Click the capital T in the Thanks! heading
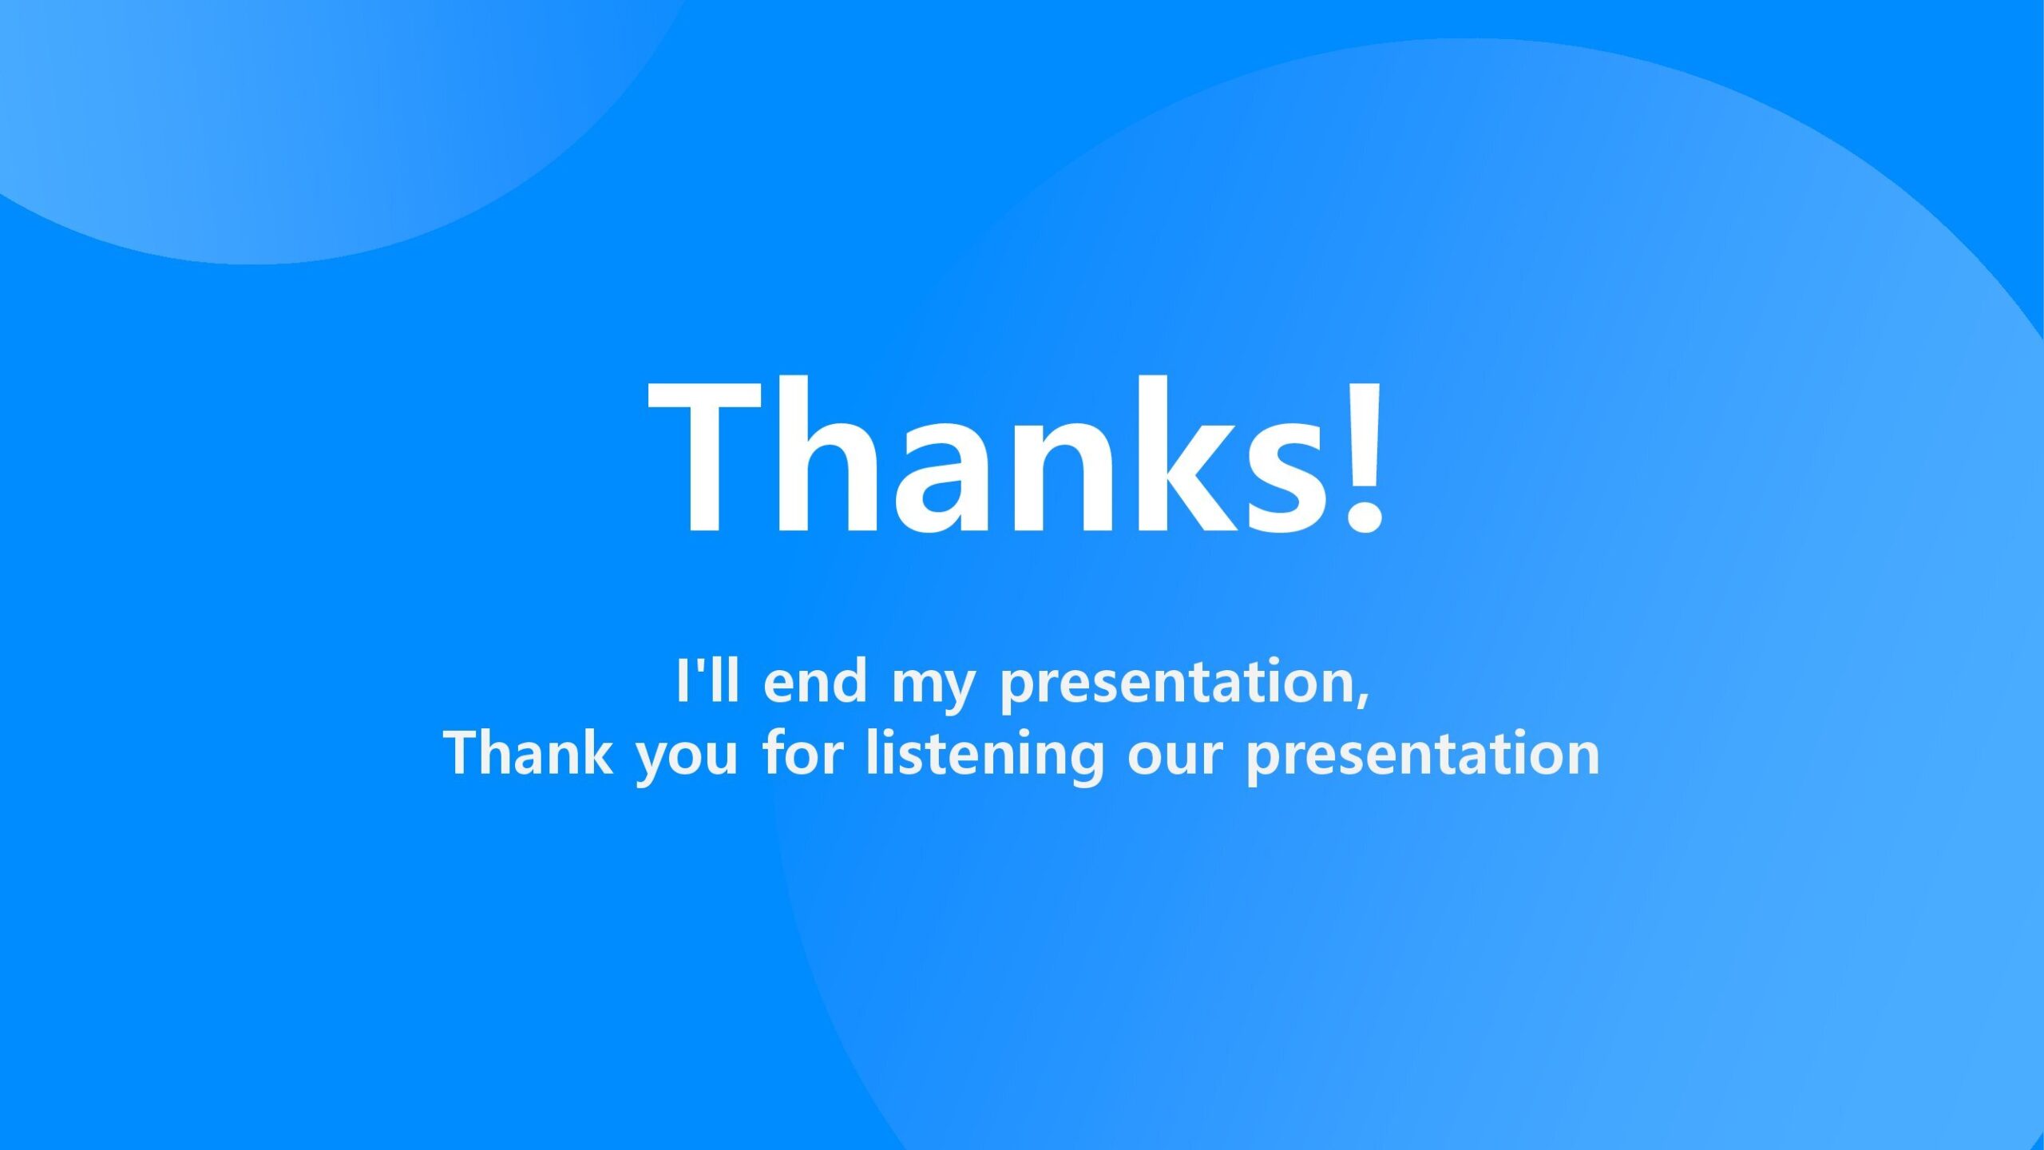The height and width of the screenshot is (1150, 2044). coord(705,456)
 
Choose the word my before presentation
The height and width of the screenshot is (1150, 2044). coord(933,689)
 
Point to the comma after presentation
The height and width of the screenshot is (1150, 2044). coord(1364,699)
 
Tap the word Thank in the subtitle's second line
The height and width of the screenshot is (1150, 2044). coord(528,751)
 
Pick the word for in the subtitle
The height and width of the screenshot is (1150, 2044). coord(802,751)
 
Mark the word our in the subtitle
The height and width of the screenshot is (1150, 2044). coord(1175,758)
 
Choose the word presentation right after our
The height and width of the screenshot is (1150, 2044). coord(1424,756)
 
